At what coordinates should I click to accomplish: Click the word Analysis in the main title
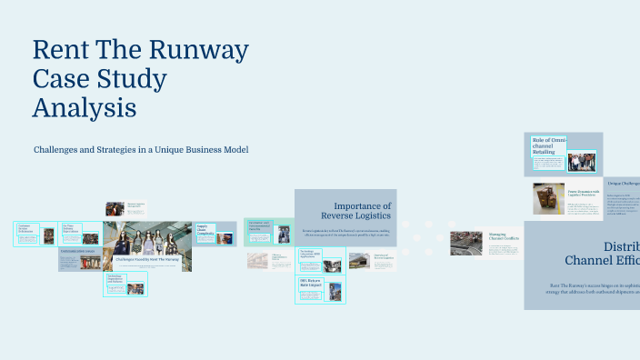click(85, 107)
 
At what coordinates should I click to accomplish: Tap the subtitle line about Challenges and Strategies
click(141, 149)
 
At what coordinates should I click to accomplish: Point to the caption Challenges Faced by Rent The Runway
click(147, 259)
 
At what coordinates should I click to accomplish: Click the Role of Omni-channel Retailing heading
click(549, 145)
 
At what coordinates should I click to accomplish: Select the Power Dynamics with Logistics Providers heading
click(582, 194)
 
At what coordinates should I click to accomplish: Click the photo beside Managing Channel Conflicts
click(465, 243)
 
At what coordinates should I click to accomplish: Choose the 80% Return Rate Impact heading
click(312, 283)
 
